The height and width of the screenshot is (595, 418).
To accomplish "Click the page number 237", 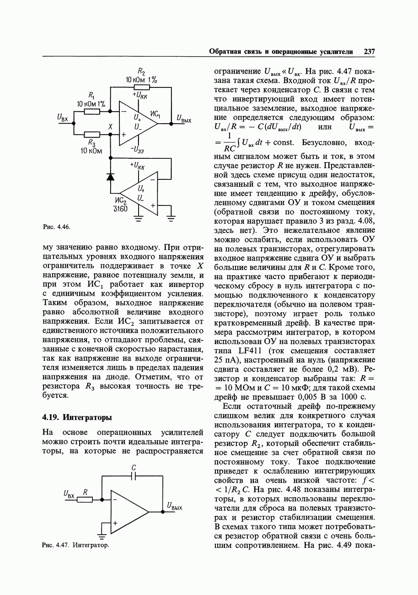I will click(x=369, y=52).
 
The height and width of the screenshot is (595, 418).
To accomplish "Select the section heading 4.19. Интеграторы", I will click(x=77, y=417).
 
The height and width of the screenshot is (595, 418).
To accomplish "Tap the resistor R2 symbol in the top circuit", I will click(x=141, y=87).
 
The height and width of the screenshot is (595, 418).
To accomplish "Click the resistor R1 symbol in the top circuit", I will click(x=92, y=111).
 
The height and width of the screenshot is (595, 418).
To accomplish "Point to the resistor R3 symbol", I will click(x=92, y=135).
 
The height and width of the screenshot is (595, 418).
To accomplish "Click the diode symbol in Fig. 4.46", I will click(x=110, y=177).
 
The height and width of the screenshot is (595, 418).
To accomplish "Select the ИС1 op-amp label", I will click(x=155, y=114).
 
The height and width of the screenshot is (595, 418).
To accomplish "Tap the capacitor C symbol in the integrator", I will click(x=134, y=476).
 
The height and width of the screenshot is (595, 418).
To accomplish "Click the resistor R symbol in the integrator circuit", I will click(x=85, y=499).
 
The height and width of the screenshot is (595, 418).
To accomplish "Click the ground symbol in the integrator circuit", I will click(x=102, y=534).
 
